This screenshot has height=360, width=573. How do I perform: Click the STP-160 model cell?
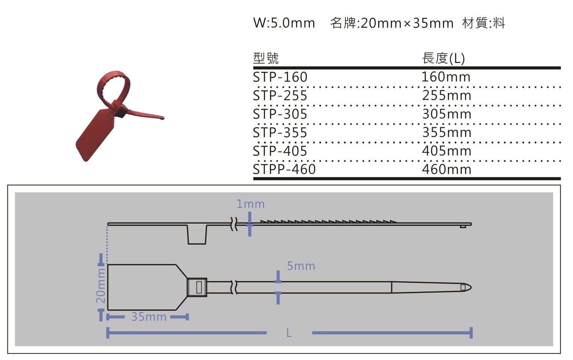(x=280, y=77)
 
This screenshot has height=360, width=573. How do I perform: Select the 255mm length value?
(x=447, y=95)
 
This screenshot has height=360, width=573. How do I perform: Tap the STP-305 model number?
(x=280, y=114)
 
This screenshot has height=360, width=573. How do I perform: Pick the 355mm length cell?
(x=447, y=132)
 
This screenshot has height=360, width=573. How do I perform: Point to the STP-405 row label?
(x=280, y=151)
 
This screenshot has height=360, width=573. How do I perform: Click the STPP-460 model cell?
(x=284, y=169)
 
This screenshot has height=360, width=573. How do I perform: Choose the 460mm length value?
(x=447, y=169)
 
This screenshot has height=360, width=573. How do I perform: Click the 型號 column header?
(x=266, y=58)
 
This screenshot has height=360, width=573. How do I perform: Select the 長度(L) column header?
(x=443, y=58)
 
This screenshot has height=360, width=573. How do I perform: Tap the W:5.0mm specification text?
(x=284, y=23)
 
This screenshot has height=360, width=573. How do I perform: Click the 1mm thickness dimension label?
(x=250, y=204)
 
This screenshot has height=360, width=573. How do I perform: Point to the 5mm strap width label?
(x=301, y=266)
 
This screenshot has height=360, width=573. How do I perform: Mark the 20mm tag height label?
(x=100, y=286)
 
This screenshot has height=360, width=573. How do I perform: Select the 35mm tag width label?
(x=149, y=317)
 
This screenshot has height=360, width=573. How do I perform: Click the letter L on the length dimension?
(x=289, y=333)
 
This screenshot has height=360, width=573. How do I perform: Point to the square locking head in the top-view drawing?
(x=197, y=287)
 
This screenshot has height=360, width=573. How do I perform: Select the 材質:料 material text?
(x=483, y=23)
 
